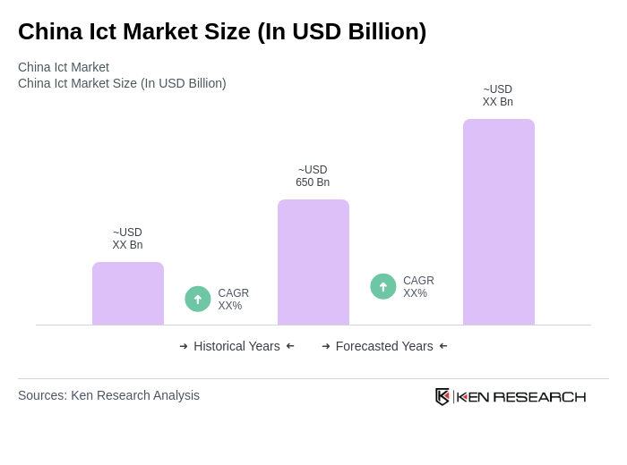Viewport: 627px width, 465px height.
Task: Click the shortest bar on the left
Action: pyautogui.click(x=128, y=293)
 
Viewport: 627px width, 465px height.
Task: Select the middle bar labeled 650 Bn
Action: pyautogui.click(x=313, y=262)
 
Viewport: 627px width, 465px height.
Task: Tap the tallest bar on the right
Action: pyautogui.click(x=499, y=222)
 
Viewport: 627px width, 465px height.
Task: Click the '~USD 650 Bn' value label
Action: pyautogui.click(x=313, y=176)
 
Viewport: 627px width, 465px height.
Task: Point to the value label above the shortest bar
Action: pyautogui.click(x=127, y=239)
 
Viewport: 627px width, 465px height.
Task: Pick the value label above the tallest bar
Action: pyautogui.click(x=498, y=96)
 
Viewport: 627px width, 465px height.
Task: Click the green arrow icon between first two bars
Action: pyautogui.click(x=198, y=299)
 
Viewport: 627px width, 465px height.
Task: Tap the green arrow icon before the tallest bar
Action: pyautogui.click(x=383, y=286)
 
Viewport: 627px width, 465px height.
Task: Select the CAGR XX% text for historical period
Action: pyautogui.click(x=234, y=300)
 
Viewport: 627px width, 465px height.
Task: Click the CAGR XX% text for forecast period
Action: pyautogui.click(x=418, y=287)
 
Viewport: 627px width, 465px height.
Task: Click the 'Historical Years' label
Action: pyautogui.click(x=236, y=346)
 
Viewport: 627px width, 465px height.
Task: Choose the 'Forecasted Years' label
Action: pyautogui.click(x=384, y=346)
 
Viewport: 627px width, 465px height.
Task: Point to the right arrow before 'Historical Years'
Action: pyautogui.click(x=184, y=346)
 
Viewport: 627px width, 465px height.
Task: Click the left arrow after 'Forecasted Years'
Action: pyautogui.click(x=443, y=346)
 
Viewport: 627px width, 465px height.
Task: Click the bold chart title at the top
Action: pyautogui.click(x=222, y=31)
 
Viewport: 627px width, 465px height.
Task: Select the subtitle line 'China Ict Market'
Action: pyautogui.click(x=64, y=67)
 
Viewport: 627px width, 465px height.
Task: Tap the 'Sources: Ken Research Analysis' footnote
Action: pyautogui.click(x=108, y=395)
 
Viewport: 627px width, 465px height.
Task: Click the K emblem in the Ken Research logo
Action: pyautogui.click(x=442, y=396)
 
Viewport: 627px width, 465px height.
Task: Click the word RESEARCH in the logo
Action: pyautogui.click(x=539, y=397)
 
